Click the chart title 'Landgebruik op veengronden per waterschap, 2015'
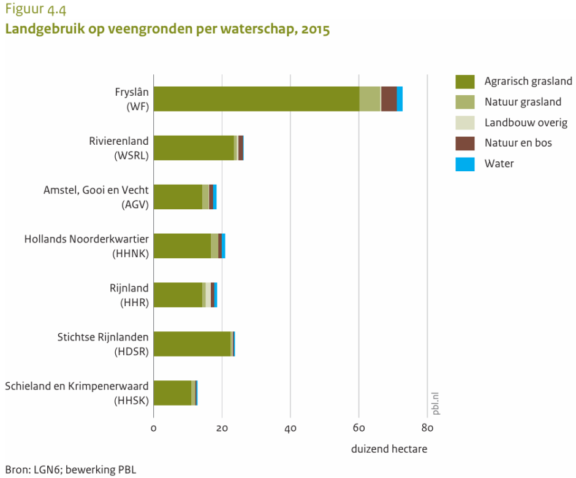click(x=167, y=29)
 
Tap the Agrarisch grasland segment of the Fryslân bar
click(x=256, y=99)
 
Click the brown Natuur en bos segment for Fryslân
click(x=388, y=99)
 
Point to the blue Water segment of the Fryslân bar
click(x=400, y=99)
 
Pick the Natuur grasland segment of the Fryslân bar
click(x=369, y=99)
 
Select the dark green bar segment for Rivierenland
click(x=194, y=148)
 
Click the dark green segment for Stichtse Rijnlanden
click(x=192, y=344)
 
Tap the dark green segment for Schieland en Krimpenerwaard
click(x=172, y=393)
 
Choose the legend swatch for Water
click(x=465, y=164)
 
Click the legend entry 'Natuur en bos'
click(x=518, y=143)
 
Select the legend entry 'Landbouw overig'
click(x=526, y=123)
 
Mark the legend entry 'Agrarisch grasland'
click(x=528, y=81)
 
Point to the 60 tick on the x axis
click(x=359, y=428)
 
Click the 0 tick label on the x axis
click(x=153, y=428)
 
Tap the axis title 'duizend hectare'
click(x=389, y=449)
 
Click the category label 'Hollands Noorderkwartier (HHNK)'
click(x=86, y=245)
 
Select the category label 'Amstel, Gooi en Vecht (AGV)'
click(x=96, y=197)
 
